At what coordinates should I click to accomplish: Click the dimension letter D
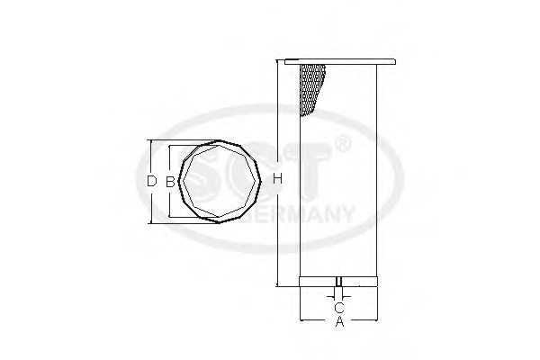[151, 181]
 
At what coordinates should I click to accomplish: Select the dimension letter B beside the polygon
[169, 181]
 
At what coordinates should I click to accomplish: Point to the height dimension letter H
[278, 181]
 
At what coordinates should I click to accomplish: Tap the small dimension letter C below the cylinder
[338, 307]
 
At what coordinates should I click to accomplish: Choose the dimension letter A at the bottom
[338, 322]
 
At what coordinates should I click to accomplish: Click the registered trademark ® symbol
[342, 145]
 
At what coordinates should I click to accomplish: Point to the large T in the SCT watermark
[310, 180]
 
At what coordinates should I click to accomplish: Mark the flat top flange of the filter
[338, 61]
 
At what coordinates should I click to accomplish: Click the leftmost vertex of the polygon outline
[178, 180]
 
